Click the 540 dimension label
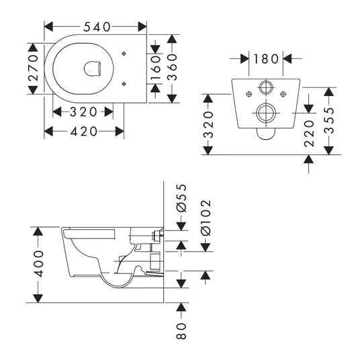97,27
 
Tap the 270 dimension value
34,68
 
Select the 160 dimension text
156,68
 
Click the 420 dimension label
83,132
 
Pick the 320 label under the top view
83,112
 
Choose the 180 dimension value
266,59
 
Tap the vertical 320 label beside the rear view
208,125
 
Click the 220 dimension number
309,134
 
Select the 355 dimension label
329,120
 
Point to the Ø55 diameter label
181,197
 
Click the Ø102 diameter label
206,218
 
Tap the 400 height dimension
38,264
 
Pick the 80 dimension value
181,331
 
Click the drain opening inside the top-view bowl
92,69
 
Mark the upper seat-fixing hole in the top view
124,54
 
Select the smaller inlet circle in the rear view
266,87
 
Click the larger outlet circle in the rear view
266,113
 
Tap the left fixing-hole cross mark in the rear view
249,94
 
